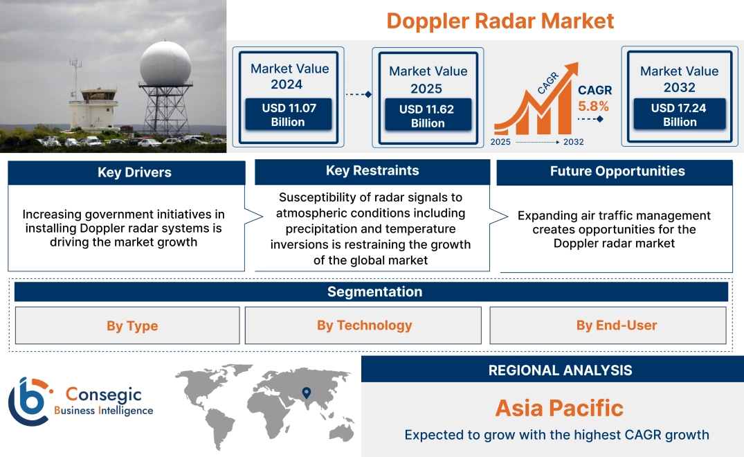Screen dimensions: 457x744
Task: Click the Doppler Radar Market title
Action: point(500,21)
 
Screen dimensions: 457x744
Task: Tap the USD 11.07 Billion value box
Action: point(288,114)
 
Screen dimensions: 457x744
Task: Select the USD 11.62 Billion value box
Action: point(428,116)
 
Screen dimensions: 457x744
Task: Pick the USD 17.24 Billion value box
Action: point(679,114)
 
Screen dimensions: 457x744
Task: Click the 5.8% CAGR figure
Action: point(593,106)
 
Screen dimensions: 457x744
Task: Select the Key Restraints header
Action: point(372,171)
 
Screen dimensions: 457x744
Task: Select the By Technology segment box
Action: point(364,325)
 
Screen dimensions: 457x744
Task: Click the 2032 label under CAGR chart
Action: point(573,142)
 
